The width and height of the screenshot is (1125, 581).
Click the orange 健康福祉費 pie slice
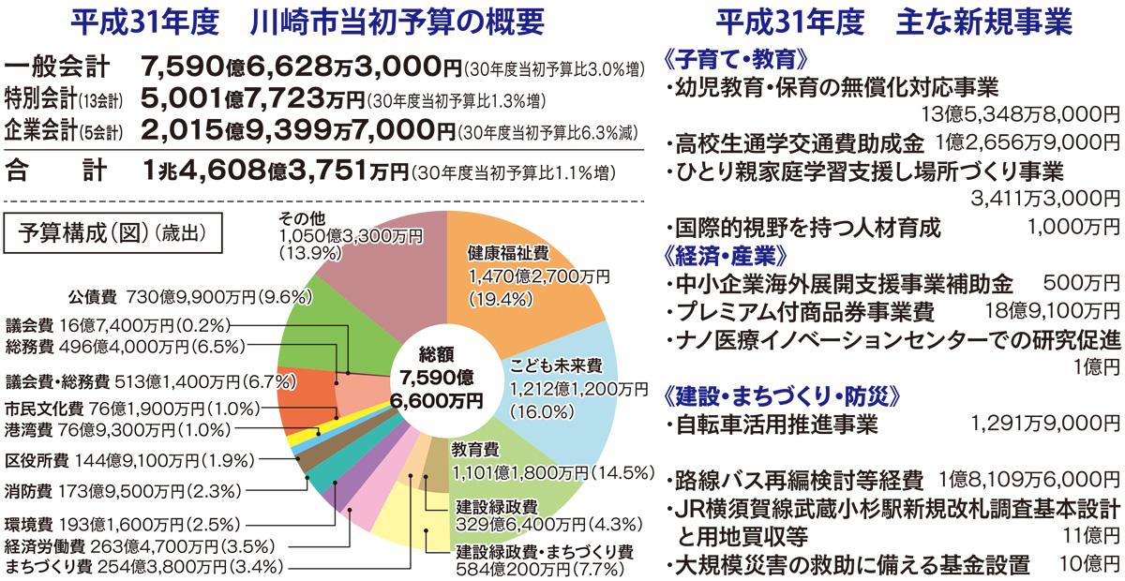coord(525,281)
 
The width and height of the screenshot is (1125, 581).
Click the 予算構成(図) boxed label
coord(112,229)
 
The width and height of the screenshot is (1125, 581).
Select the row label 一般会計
coord(56,67)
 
